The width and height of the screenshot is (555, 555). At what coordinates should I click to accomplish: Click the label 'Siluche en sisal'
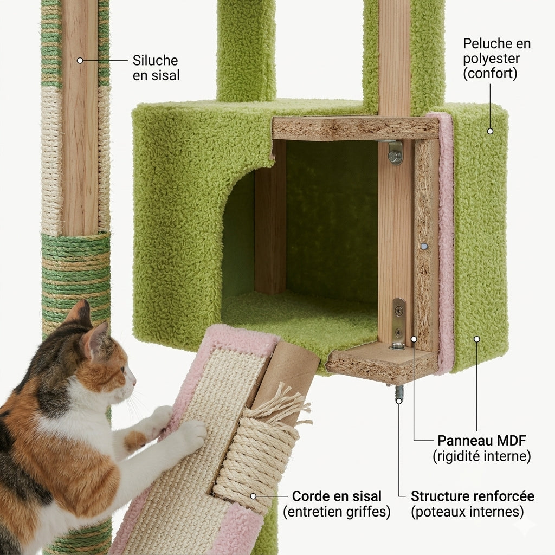(156, 68)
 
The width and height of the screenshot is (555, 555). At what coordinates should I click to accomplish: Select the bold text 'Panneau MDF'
(482, 440)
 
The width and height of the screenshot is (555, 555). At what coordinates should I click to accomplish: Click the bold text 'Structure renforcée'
(472, 496)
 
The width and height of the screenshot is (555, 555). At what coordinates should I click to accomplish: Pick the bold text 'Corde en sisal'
(337, 496)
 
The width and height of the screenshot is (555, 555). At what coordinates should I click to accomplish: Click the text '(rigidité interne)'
(482, 456)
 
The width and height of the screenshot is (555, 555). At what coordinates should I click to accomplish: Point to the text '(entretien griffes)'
(337, 512)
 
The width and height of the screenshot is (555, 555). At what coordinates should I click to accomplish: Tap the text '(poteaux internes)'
(467, 512)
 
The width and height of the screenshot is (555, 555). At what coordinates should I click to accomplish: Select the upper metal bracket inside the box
(395, 152)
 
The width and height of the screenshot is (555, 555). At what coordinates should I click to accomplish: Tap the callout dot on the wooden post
(80, 60)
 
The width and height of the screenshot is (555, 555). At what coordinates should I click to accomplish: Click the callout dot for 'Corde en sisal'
(253, 496)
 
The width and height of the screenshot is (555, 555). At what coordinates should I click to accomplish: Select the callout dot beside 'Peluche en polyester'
(490, 131)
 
